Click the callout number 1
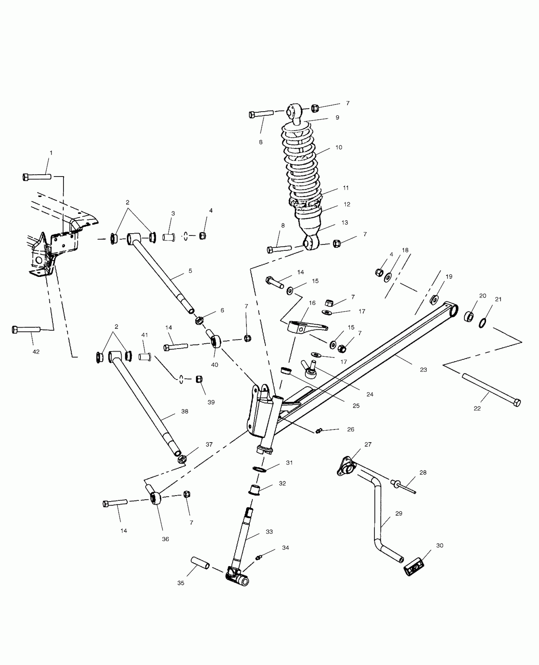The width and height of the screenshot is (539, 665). pyautogui.click(x=51, y=153)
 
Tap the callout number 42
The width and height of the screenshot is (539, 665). pyautogui.click(x=36, y=352)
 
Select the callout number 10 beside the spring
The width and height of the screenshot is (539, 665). pyautogui.click(x=339, y=147)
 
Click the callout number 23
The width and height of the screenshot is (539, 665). pyautogui.click(x=423, y=369)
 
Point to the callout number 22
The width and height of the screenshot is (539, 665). pyautogui.click(x=477, y=409)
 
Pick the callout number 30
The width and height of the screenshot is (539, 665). pyautogui.click(x=440, y=546)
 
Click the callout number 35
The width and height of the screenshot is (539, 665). pyautogui.click(x=181, y=583)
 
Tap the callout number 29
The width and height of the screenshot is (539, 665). pyautogui.click(x=399, y=513)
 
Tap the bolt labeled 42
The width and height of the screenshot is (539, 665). pyautogui.click(x=26, y=329)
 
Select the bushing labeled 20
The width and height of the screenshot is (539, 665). pyautogui.click(x=469, y=317)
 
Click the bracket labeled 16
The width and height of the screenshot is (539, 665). pyautogui.click(x=304, y=326)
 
